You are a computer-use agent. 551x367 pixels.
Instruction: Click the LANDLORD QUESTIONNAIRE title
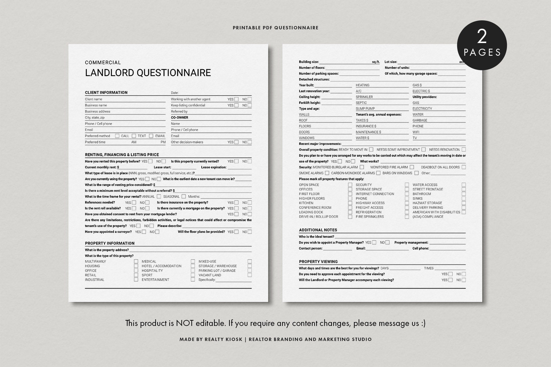pyautogui.click(x=148, y=73)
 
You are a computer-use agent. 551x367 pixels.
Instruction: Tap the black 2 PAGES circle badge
pyautogui.click(x=482, y=45)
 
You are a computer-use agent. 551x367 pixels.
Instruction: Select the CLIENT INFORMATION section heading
pyautogui.click(x=106, y=92)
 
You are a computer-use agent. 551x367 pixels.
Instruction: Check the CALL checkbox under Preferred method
pyautogui.click(x=117, y=136)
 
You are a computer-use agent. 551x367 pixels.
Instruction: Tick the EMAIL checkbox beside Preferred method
pyautogui.click(x=151, y=136)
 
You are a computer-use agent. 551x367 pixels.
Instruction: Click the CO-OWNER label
pyautogui.click(x=179, y=117)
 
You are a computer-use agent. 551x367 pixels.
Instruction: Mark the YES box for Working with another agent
pyautogui.click(x=236, y=99)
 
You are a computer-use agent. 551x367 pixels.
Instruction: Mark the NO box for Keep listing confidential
pyautogui.click(x=249, y=105)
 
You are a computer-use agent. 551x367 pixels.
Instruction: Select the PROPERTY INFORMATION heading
pyautogui.click(x=110, y=243)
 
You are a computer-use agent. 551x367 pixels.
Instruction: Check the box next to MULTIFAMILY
pyautogui.click(x=136, y=262)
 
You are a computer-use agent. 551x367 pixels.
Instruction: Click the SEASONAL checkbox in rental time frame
pyautogui.click(x=184, y=197)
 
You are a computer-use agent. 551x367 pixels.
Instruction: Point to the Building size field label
pyautogui.click(x=309, y=62)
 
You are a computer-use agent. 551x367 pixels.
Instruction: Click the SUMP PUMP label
pyautogui.click(x=365, y=108)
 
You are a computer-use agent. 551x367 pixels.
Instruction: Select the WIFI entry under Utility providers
pyautogui.click(x=416, y=132)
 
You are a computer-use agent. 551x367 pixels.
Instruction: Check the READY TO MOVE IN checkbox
pyautogui.click(x=371, y=149)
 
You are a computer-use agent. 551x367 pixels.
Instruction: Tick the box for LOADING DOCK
pyautogui.click(x=350, y=212)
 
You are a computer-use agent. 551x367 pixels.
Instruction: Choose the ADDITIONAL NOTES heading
pyautogui.click(x=318, y=230)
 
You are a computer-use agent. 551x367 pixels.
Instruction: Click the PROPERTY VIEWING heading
pyautogui.click(x=318, y=262)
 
